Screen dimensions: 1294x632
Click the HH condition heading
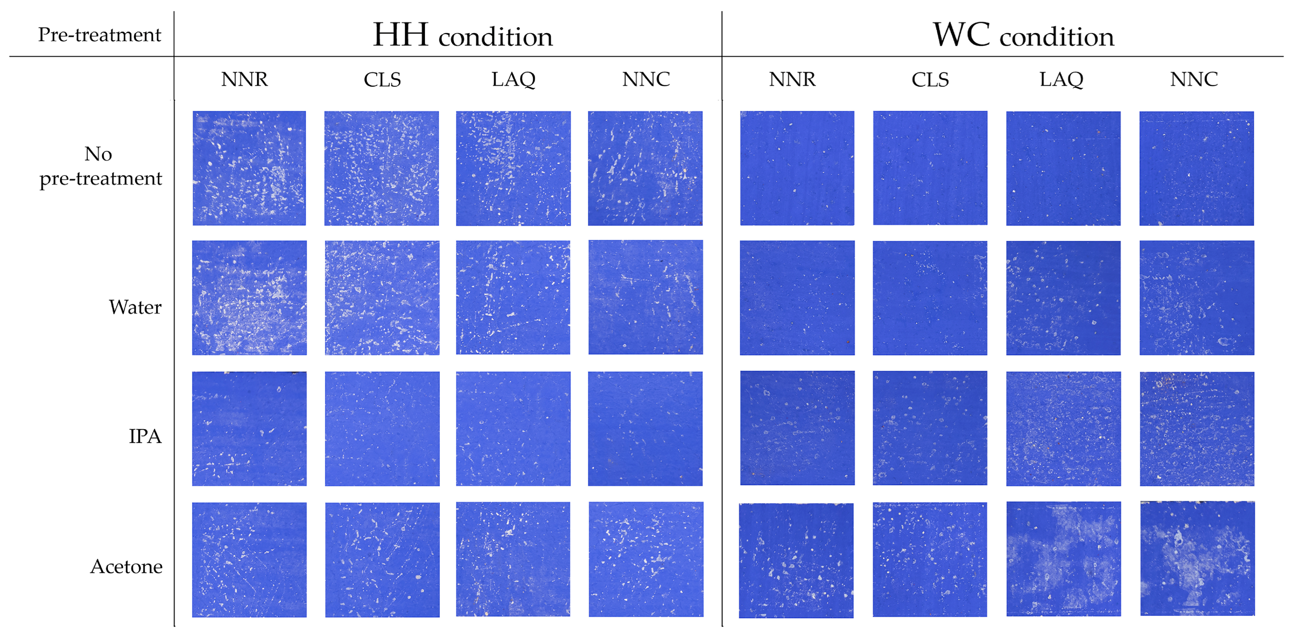click(463, 35)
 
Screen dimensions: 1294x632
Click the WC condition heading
click(1023, 35)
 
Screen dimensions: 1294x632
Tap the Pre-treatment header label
click(99, 35)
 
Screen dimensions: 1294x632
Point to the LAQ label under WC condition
click(1061, 80)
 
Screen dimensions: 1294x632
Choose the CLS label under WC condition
click(930, 80)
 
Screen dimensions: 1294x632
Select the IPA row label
click(145, 436)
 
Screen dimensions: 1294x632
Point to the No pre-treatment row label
click(100, 166)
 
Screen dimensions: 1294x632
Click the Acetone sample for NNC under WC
click(1197, 558)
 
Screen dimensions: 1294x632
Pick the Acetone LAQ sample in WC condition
click(1064, 558)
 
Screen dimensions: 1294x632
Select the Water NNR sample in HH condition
click(249, 298)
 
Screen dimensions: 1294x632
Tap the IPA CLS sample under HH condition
click(382, 428)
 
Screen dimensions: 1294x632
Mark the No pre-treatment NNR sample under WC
click(797, 168)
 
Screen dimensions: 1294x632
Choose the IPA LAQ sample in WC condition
click(1064, 428)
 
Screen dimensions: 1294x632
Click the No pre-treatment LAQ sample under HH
click(513, 168)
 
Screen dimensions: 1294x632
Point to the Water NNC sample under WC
click(1197, 298)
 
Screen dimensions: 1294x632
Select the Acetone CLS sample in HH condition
click(382, 560)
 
